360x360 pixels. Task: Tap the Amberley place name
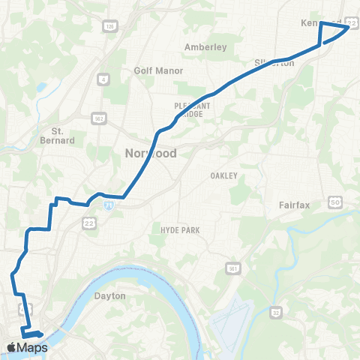click(x=205, y=46)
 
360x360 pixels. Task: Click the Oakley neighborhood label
click(x=224, y=175)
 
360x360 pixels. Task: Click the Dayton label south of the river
click(x=109, y=295)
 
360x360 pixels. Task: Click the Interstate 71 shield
click(x=109, y=203)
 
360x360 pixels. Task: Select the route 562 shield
click(x=98, y=118)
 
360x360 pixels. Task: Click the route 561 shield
click(x=234, y=268)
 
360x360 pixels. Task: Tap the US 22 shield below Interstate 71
click(x=89, y=224)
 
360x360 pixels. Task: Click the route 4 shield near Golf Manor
click(x=102, y=77)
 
